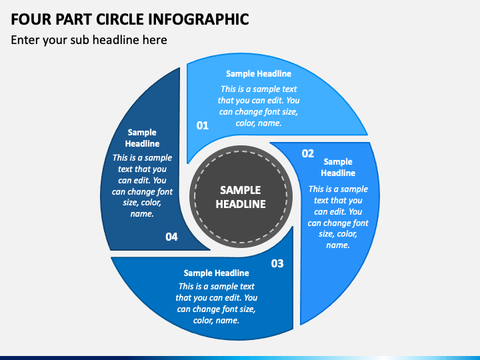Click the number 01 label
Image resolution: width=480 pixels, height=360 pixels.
point(202,125)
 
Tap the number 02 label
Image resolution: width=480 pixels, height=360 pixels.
point(307,153)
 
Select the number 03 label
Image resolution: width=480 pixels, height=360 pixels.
point(277,263)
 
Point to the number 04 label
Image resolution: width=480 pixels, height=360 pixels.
point(171,237)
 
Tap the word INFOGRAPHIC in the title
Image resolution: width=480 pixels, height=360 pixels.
point(205,19)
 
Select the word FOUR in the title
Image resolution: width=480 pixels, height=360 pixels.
point(30,19)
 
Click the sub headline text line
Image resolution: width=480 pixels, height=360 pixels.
point(89,40)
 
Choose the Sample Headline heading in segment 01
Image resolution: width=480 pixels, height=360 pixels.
point(259,74)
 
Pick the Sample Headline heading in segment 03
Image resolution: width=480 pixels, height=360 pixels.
point(216,273)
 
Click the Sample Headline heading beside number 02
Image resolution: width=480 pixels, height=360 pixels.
point(338,167)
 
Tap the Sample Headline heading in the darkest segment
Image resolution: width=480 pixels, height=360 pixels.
point(142,138)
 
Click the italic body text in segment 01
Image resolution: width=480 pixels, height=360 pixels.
point(259,106)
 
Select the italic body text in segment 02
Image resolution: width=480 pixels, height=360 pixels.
point(338,217)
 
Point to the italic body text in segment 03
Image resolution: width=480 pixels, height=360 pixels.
point(216,303)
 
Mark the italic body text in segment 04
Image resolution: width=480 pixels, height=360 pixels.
point(142,186)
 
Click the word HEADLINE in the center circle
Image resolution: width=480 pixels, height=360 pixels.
point(241,204)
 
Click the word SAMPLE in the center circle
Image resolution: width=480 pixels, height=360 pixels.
point(241,190)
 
